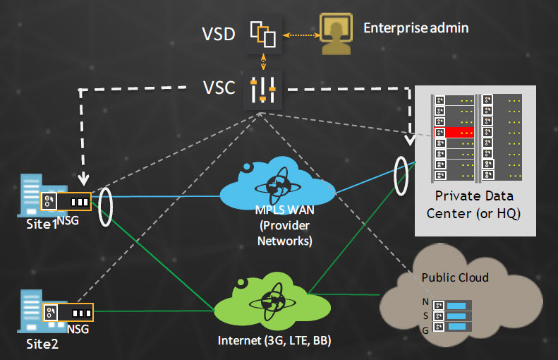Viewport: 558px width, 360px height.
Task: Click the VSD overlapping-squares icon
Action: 263,34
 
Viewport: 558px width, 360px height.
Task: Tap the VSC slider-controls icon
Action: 263,90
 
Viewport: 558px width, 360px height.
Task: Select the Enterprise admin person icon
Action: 336,34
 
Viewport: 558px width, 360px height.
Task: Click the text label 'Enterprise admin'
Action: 416,28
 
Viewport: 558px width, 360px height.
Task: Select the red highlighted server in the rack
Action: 454,133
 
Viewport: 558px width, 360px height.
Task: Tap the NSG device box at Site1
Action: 66,201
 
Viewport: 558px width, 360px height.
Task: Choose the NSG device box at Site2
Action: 68,312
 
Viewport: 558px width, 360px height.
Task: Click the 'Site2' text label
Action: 42,344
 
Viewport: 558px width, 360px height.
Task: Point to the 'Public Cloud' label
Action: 455,277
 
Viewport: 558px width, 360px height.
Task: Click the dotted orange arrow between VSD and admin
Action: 301,35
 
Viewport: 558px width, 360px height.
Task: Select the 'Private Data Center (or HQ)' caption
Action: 473,205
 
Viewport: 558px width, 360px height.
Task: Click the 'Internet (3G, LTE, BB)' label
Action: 274,341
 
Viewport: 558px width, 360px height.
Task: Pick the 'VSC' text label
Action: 219,88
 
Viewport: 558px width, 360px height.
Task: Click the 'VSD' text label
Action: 219,34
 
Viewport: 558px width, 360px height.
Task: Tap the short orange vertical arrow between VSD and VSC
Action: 263,61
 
